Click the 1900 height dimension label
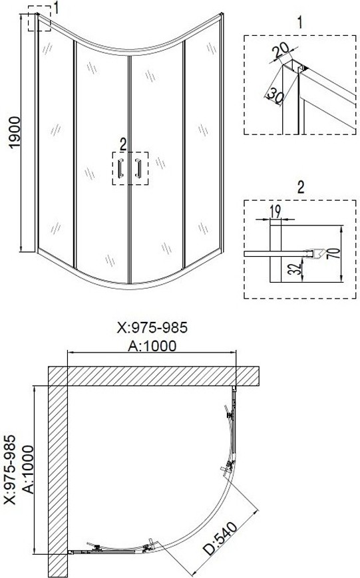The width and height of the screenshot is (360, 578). [15, 132]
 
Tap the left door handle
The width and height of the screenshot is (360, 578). [120, 168]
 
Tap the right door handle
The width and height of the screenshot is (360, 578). [138, 168]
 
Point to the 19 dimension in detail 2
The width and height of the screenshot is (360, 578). [275, 212]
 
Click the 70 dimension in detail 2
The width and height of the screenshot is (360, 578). [334, 253]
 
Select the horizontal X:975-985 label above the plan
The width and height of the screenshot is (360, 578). [152, 327]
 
